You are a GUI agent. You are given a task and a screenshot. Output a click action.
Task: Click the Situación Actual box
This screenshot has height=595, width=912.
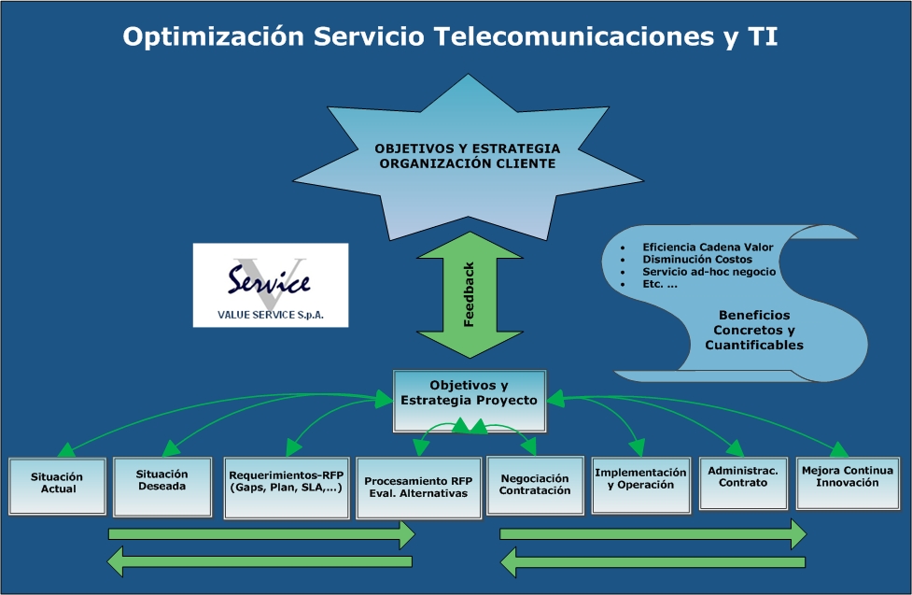[x=57, y=485]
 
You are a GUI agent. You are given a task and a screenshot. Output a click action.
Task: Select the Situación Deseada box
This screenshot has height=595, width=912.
[x=161, y=485]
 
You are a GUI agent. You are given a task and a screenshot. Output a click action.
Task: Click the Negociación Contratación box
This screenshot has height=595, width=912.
[x=535, y=483]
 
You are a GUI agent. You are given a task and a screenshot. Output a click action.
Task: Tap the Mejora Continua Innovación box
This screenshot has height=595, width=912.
[x=847, y=481]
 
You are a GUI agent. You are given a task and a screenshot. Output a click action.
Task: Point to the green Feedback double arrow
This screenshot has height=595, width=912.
[x=470, y=294]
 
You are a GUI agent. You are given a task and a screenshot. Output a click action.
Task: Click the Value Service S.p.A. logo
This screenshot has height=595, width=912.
[x=271, y=285]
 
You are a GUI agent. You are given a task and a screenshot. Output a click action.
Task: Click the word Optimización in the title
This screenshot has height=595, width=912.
[x=214, y=36]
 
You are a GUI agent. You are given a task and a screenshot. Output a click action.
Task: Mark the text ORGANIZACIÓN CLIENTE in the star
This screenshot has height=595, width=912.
[x=468, y=164]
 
